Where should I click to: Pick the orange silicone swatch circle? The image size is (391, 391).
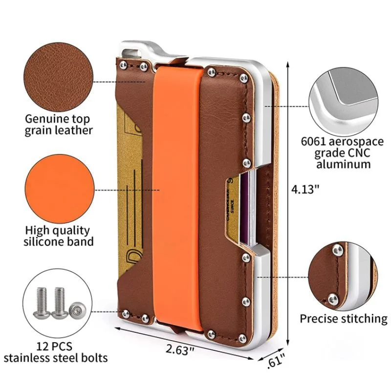59,189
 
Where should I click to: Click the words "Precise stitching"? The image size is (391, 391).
343,319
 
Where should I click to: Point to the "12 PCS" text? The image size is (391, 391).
56,346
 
